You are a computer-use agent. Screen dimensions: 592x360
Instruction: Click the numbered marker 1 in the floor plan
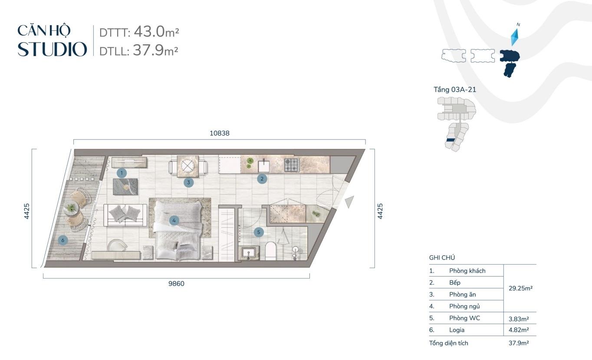click(x=122, y=173)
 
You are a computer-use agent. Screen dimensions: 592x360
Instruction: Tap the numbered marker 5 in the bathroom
click(x=259, y=232)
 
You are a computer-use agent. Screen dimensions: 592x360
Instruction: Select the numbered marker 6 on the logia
click(x=62, y=240)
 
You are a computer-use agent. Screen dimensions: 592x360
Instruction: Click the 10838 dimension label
click(x=220, y=133)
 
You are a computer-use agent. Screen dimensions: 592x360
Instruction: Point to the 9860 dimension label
click(x=176, y=284)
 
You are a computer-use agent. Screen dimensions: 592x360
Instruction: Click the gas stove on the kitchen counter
click(x=292, y=165)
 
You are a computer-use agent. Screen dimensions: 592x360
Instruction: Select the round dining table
click(x=187, y=166)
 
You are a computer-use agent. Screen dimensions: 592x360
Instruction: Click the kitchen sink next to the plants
click(x=263, y=165)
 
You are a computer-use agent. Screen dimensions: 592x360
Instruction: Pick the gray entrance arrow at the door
click(x=350, y=202)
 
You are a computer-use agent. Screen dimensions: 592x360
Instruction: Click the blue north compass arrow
click(x=515, y=37)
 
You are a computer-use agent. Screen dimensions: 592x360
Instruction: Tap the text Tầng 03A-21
click(x=455, y=89)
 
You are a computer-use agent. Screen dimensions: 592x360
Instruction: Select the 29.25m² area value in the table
click(x=520, y=288)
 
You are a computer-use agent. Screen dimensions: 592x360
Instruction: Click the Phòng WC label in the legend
click(x=464, y=318)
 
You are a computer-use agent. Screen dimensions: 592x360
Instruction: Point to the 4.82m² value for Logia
click(x=519, y=330)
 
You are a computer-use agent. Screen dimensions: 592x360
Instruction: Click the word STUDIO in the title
click(x=52, y=49)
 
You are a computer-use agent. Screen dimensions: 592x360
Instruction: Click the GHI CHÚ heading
click(x=442, y=258)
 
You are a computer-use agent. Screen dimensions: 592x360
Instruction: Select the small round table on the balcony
click(x=71, y=208)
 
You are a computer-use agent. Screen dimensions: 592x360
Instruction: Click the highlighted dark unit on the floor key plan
click(x=451, y=140)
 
